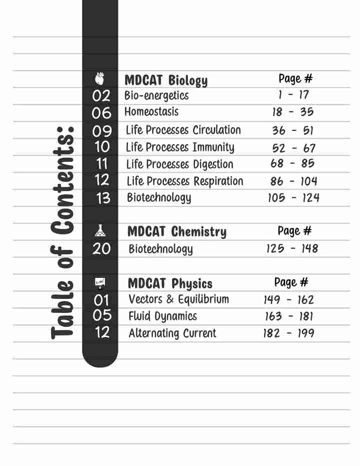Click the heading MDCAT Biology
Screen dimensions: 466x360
click(165, 80)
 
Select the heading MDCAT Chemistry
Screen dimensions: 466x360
click(176, 232)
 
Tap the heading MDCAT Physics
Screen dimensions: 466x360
click(170, 284)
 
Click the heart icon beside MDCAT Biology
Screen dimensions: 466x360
click(100, 78)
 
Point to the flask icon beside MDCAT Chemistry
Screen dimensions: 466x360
click(100, 230)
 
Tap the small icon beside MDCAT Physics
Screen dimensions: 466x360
click(100, 283)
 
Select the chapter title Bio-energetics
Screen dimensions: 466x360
click(156, 95)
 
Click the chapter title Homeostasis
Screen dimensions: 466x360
click(151, 112)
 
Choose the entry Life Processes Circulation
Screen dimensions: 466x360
click(183, 130)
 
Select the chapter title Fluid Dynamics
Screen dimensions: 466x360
click(162, 316)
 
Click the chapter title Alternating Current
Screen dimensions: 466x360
click(172, 333)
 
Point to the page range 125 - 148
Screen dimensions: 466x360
click(292, 248)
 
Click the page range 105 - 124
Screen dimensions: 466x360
click(293, 198)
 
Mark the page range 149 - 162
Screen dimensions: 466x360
click(289, 300)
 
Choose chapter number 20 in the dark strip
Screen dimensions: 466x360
click(101, 248)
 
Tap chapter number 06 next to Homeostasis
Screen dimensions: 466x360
click(101, 113)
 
